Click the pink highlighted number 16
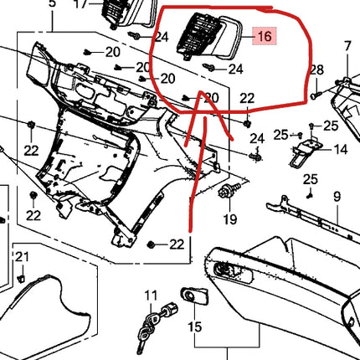pos(265,37)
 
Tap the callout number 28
pos(316,69)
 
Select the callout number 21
pos(23,255)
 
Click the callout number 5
pos(53,3)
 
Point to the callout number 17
pos(80,3)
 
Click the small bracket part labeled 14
pos(302,151)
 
